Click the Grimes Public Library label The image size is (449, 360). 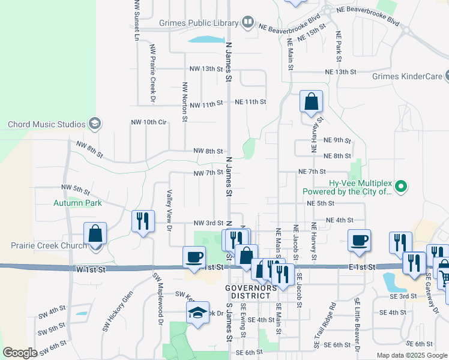[199, 23]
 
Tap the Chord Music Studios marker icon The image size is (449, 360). [94, 124]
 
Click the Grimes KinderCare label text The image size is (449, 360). [406, 76]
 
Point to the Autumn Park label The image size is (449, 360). [77, 203]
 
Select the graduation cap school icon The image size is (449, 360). [197, 312]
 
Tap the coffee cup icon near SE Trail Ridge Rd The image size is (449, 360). [359, 240]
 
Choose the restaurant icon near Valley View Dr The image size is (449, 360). [143, 221]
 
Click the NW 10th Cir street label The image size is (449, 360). [148, 122]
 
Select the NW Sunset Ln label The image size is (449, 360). [137, 20]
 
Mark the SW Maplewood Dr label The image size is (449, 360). [158, 298]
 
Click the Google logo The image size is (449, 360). [20, 353]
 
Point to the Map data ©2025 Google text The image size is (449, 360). [411, 355]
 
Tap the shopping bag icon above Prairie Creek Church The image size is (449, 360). [95, 233]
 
